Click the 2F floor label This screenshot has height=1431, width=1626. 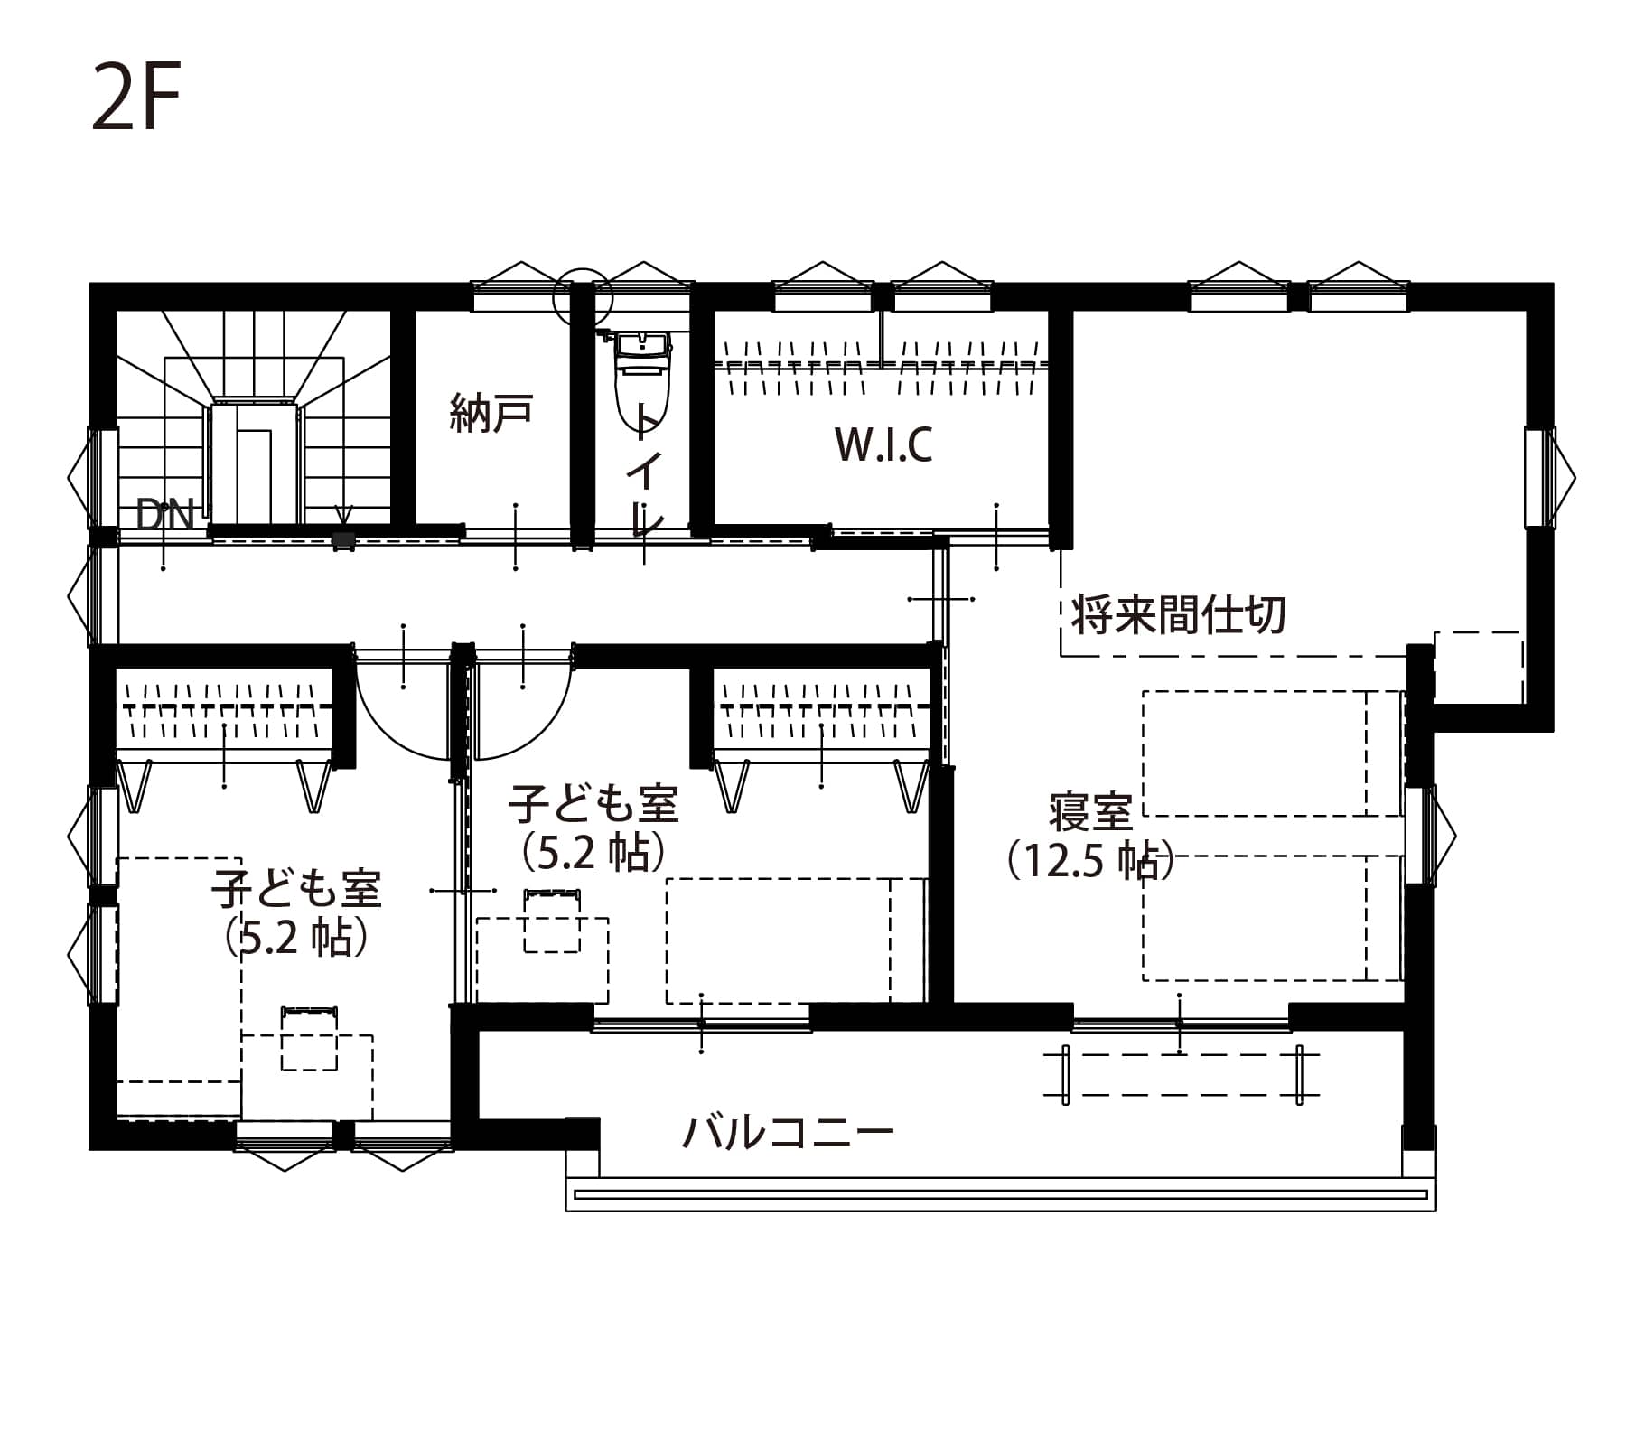point(136,97)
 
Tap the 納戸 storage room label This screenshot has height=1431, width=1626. point(491,414)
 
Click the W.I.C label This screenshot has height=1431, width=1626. point(883,444)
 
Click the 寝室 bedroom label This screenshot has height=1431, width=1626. point(1091,811)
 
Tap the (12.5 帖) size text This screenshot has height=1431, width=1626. point(1090,860)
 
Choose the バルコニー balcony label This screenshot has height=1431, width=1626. point(788,1131)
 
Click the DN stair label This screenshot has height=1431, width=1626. point(165,515)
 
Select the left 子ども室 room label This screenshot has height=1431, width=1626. point(296,889)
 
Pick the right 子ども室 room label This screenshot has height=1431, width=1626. point(593,803)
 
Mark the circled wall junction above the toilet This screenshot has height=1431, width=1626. point(583,296)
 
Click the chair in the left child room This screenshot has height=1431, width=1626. point(309,1039)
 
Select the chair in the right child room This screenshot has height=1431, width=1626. point(552,921)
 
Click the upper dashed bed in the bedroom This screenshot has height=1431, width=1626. point(1273,753)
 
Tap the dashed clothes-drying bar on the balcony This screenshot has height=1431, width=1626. point(1182,1074)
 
